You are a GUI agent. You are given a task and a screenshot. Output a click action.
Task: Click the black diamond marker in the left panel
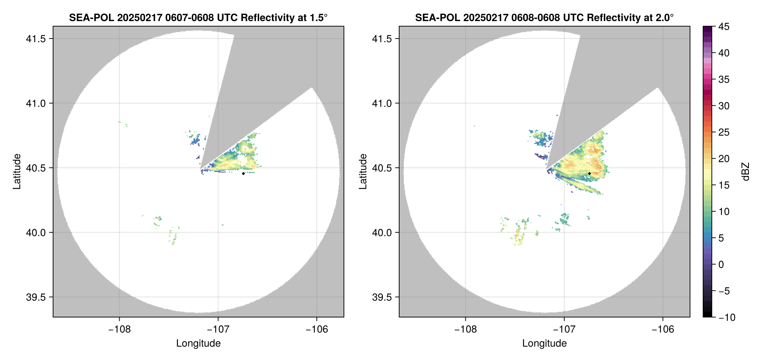[243, 173]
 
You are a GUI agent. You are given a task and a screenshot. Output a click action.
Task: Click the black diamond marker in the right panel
[589, 173]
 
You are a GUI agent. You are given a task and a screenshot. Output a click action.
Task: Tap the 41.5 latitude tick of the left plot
[35, 39]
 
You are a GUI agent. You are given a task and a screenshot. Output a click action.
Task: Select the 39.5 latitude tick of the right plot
[381, 297]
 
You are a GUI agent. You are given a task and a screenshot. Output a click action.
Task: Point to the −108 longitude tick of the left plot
[119, 329]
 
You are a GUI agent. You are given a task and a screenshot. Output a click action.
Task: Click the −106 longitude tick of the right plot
[663, 329]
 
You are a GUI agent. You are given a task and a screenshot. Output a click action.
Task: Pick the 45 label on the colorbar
[724, 27]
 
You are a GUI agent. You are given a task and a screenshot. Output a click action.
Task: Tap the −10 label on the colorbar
[727, 317]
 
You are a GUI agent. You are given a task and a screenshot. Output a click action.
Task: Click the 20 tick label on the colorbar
[724, 159]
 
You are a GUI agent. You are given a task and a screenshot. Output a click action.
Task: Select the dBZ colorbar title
[746, 172]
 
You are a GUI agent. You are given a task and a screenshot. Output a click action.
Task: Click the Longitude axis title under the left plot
[198, 343]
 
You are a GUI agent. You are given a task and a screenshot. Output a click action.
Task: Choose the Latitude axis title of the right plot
[363, 172]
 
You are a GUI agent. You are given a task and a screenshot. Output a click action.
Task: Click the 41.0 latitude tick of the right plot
[381, 103]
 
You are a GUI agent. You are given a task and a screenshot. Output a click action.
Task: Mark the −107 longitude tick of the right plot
[564, 329]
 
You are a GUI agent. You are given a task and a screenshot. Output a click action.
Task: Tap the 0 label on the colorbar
[721, 265]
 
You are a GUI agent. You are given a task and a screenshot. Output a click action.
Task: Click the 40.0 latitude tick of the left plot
[35, 232]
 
